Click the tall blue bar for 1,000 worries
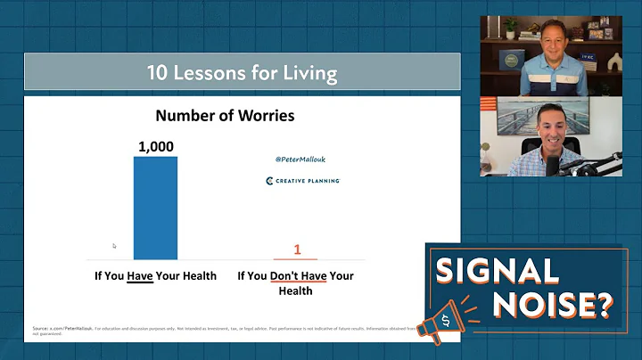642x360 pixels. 156,207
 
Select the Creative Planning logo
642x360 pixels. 302,181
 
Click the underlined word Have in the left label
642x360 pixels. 139,275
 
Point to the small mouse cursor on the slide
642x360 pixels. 114,246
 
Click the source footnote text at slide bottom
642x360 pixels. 223,330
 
